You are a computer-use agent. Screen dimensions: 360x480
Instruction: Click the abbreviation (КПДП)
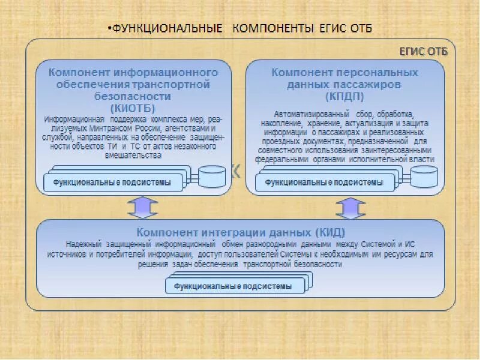pyautogui.click(x=346, y=97)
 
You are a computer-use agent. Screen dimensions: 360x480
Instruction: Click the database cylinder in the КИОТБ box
pyautogui.click(x=212, y=176)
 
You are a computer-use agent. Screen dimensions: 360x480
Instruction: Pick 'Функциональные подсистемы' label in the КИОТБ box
pyautogui.click(x=112, y=182)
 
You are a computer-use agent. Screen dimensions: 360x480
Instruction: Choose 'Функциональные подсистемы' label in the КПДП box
pyautogui.click(x=324, y=182)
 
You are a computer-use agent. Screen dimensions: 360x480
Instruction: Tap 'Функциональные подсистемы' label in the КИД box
pyautogui.click(x=233, y=286)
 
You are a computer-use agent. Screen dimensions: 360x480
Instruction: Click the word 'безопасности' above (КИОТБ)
pyautogui.click(x=133, y=96)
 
